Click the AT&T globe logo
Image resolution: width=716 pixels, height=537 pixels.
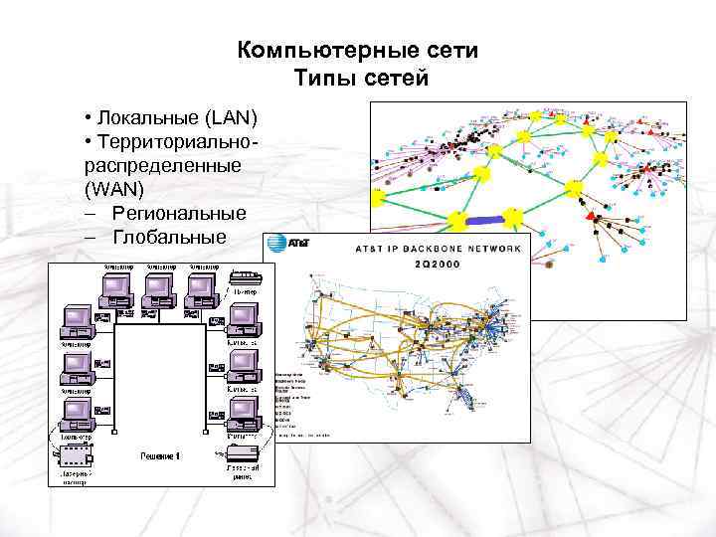tap(274, 243)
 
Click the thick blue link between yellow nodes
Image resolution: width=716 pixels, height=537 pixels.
tap(485, 218)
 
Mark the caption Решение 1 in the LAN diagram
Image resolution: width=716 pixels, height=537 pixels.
tap(159, 454)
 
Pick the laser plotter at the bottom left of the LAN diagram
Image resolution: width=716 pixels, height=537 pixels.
tap(76, 456)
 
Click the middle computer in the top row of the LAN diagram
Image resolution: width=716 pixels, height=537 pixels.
tap(159, 288)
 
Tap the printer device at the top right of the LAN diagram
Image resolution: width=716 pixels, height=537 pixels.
tap(245, 277)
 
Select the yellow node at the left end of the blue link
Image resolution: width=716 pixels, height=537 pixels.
tap(458, 219)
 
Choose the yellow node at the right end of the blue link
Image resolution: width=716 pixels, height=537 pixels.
tap(513, 216)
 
